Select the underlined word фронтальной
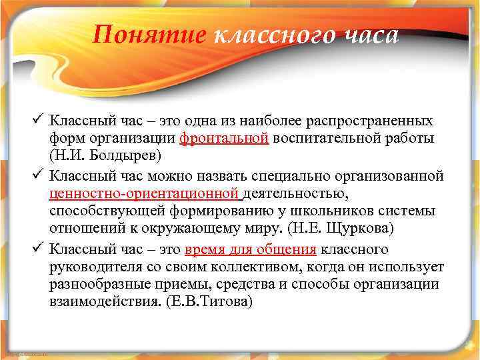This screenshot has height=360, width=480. [x=224, y=138]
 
